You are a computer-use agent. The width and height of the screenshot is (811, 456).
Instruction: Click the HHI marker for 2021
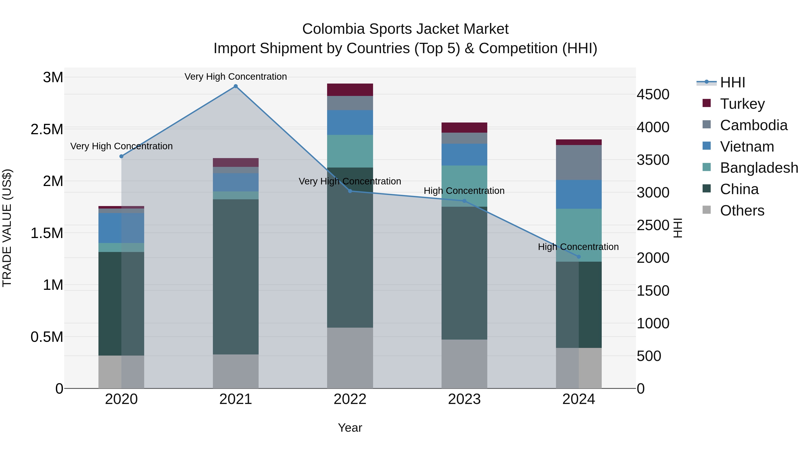click(235, 86)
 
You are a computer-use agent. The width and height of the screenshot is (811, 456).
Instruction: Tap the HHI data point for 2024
click(579, 257)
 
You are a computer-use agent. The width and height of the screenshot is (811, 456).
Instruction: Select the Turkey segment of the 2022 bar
click(350, 90)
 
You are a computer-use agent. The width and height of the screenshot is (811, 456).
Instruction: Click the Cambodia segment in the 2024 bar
click(579, 162)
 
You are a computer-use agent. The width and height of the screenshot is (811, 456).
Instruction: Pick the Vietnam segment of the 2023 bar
click(464, 154)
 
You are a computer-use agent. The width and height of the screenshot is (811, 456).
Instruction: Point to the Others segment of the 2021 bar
click(235, 371)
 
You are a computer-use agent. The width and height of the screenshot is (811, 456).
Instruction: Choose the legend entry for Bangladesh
click(759, 168)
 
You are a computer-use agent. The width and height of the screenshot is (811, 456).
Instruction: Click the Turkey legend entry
click(742, 104)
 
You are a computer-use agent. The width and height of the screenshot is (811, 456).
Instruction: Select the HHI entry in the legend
click(732, 82)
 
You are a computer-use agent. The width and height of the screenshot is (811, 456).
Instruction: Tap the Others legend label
click(742, 211)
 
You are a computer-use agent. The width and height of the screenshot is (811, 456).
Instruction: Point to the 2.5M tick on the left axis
click(47, 129)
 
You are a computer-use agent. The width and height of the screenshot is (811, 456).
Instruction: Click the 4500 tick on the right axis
click(653, 94)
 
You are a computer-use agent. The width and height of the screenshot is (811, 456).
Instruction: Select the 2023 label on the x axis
click(464, 399)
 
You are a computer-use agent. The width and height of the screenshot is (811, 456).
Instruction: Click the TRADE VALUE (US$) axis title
click(7, 228)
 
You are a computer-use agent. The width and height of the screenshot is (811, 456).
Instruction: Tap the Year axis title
click(350, 428)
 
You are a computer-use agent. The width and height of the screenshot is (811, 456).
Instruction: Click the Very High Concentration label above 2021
click(235, 77)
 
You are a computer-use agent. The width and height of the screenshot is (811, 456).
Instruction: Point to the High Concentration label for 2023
click(464, 191)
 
